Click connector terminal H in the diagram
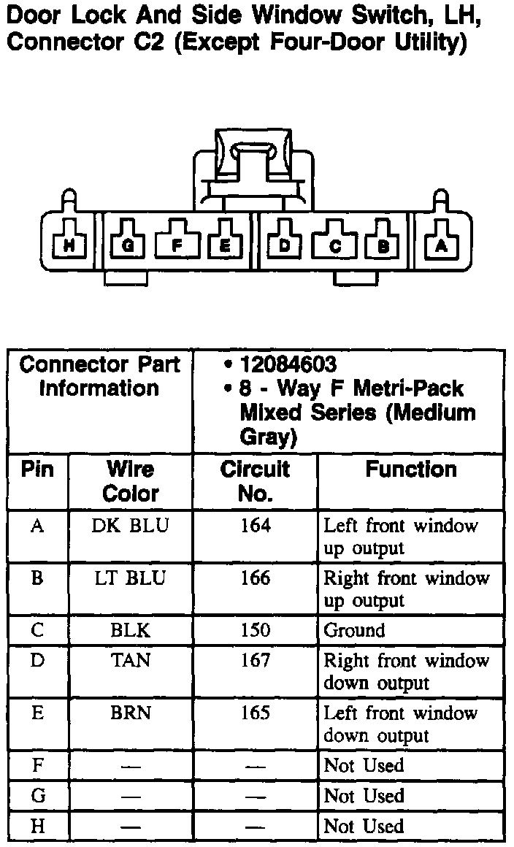coord(69,246)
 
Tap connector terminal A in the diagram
coord(440,246)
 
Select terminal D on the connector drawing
coord(285,246)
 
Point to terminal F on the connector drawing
coord(177,246)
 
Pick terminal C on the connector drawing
coord(335,246)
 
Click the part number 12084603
coord(288,364)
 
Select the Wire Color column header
coord(130,481)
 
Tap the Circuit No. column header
coord(255,481)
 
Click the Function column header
coord(411,470)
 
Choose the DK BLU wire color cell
coord(130,526)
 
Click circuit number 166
coord(255,578)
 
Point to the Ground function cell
coord(354,630)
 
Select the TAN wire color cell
coord(130,660)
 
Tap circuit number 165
coord(255,713)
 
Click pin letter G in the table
coord(38,795)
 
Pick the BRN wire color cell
coord(130,713)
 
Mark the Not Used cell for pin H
coord(364,826)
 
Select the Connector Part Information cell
coord(99,376)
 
